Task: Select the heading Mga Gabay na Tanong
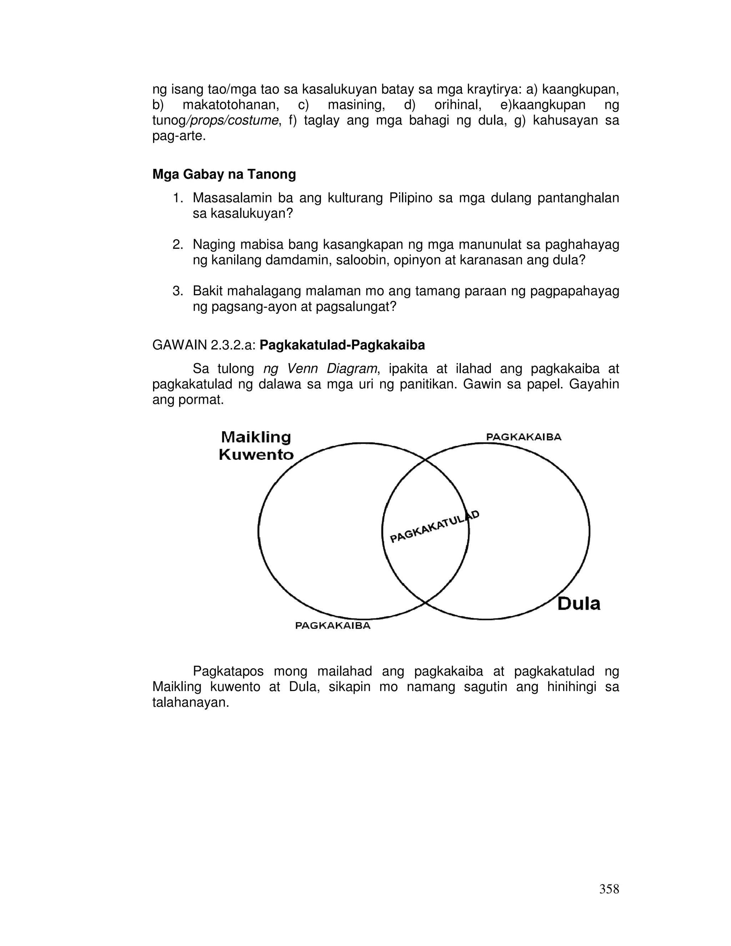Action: click(224, 174)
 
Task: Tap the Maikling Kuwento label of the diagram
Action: click(256, 446)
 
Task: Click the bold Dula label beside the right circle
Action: click(579, 603)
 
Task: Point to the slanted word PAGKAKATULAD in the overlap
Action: click(434, 526)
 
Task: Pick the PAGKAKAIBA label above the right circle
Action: click(524, 437)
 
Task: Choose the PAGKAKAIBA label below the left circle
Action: click(333, 625)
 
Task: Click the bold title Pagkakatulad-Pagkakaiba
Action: click(342, 345)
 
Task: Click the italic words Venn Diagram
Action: click(332, 369)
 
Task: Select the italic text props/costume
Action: click(231, 120)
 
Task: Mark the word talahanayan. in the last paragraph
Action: click(190, 703)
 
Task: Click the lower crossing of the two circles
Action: click(425, 603)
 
